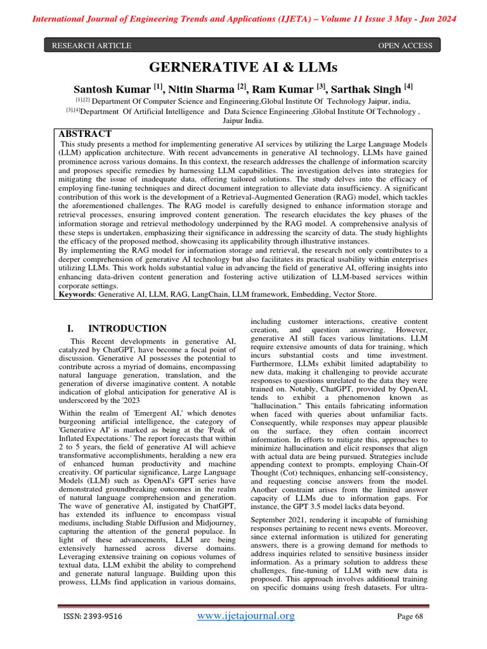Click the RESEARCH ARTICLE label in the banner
(91, 46)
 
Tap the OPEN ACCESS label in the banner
(405, 46)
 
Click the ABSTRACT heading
(85, 134)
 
